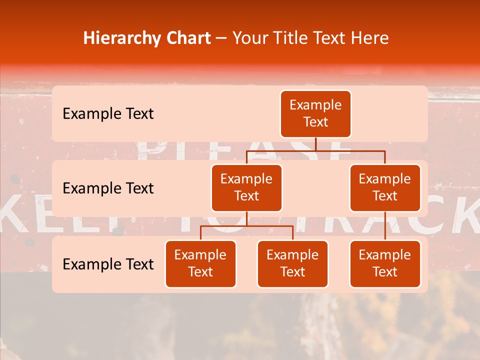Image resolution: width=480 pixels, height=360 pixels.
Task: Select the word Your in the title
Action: (249, 38)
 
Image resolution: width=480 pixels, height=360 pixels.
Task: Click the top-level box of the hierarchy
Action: (315, 114)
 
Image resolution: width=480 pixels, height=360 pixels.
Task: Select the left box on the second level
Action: (246, 188)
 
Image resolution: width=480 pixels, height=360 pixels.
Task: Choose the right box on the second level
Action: (385, 188)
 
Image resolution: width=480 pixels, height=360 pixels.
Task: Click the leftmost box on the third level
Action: (200, 264)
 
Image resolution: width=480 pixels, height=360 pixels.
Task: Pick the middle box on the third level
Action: (292, 264)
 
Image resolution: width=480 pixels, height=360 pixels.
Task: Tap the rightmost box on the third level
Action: (385, 264)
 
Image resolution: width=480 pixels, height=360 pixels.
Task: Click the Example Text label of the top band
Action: (108, 114)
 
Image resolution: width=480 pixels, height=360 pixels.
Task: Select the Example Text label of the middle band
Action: (108, 188)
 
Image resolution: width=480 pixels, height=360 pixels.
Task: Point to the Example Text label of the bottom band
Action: (108, 264)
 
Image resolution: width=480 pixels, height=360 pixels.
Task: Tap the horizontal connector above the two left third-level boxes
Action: (246, 226)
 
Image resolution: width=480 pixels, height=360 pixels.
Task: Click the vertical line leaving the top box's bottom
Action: (315, 144)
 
